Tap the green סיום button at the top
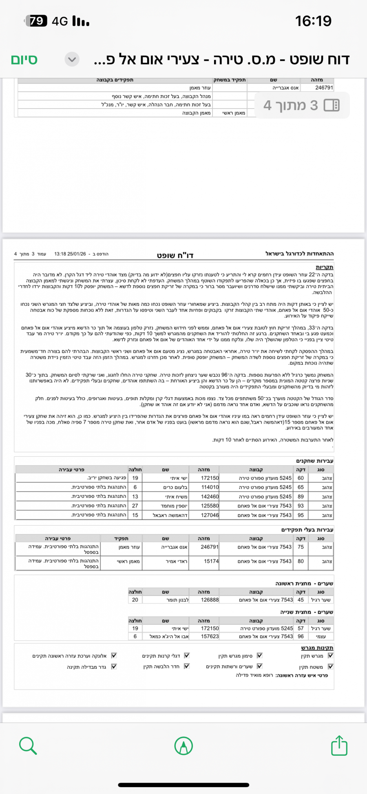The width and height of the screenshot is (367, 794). click(x=24, y=60)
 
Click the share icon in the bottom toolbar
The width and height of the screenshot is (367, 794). click(x=339, y=746)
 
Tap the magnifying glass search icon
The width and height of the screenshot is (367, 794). click(x=28, y=746)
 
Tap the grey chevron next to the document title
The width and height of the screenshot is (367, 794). click(x=72, y=60)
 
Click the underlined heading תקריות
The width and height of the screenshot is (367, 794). click(x=325, y=268)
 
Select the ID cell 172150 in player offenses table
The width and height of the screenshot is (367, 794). click(x=210, y=478)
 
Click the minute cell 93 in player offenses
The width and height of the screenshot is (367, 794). click(x=301, y=506)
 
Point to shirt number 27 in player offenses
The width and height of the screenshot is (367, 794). click(x=135, y=506)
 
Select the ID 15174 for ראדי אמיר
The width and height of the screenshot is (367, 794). click(x=211, y=562)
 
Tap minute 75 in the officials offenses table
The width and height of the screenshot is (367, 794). click(x=301, y=547)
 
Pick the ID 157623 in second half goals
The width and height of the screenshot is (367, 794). click(x=210, y=636)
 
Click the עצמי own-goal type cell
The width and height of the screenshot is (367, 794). click(x=321, y=636)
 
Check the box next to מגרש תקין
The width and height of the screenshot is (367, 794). click(x=331, y=656)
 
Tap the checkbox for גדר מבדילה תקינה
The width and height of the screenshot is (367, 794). click(x=114, y=666)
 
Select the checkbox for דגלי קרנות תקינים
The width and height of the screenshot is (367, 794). click(x=187, y=656)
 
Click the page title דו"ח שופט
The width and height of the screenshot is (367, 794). click(x=175, y=256)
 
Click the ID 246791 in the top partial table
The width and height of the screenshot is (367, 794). click(x=324, y=88)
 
